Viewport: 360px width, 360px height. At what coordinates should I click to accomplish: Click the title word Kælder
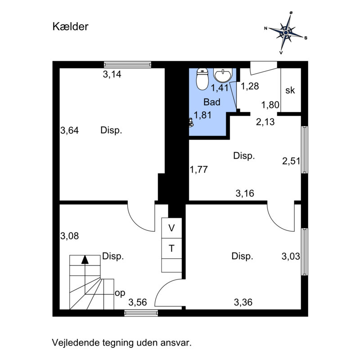pos(70,27)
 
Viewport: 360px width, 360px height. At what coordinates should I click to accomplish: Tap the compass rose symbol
pos(286,32)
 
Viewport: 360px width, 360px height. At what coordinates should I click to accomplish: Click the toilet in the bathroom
pos(202,79)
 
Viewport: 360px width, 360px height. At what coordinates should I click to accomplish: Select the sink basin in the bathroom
pos(223,75)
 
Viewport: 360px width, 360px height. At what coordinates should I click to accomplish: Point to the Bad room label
pos(212,102)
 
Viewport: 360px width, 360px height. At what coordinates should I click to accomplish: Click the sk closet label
pos(290,90)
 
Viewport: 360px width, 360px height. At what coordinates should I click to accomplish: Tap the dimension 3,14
pos(112,74)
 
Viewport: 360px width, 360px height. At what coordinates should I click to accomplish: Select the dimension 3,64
pos(69,130)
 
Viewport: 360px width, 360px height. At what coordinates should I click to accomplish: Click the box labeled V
pos(171,228)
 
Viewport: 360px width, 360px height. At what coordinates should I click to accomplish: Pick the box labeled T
pos(171,248)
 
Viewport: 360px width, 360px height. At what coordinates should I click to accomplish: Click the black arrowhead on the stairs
pos(85,260)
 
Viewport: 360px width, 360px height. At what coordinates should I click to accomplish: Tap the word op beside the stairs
pos(120,293)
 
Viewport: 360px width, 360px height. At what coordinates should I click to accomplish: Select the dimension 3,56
pos(138,302)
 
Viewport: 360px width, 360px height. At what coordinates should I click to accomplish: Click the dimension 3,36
pos(243,302)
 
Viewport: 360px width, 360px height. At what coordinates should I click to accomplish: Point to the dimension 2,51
pos(291,161)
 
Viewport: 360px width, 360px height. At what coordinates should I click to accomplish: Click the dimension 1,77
pos(198,170)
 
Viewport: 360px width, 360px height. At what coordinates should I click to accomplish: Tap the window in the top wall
pos(128,64)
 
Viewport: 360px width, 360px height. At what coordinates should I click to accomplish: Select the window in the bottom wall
pos(141,313)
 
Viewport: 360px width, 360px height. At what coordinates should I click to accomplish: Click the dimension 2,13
pos(265,121)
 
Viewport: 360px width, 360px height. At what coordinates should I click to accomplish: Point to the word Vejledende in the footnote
pos(76,343)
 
